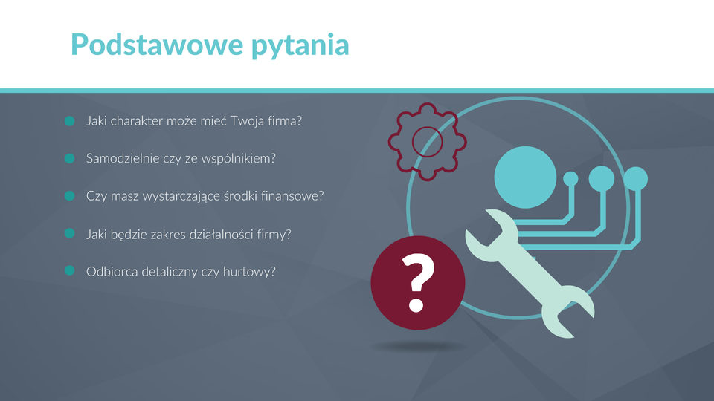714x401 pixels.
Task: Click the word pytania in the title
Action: coord(300,46)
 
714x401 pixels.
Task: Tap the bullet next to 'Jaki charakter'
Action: coord(70,121)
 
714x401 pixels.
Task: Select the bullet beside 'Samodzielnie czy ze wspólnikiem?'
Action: coord(70,158)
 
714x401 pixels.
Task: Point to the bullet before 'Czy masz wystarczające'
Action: coord(70,195)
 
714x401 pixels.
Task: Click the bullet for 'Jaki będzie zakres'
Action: coord(70,233)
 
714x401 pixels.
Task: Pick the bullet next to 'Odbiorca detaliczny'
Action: coord(70,270)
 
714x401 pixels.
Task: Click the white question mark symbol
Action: coord(418,283)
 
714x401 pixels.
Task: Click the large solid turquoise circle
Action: coord(525,177)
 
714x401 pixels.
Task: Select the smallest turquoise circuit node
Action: coord(570,179)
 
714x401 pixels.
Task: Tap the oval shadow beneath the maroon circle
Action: coord(418,347)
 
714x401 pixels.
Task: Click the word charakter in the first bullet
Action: coord(137,121)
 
